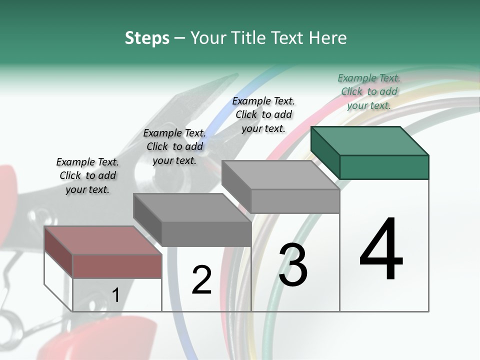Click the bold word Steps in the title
point(147,38)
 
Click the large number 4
point(381,249)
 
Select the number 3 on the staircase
point(293,265)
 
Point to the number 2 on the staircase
point(201,279)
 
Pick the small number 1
point(115,295)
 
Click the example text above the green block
point(369,91)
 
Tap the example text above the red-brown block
point(87,175)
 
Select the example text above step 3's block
point(263,114)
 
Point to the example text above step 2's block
point(174,146)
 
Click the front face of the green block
point(384,167)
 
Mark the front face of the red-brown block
point(117,265)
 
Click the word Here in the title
point(326,38)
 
